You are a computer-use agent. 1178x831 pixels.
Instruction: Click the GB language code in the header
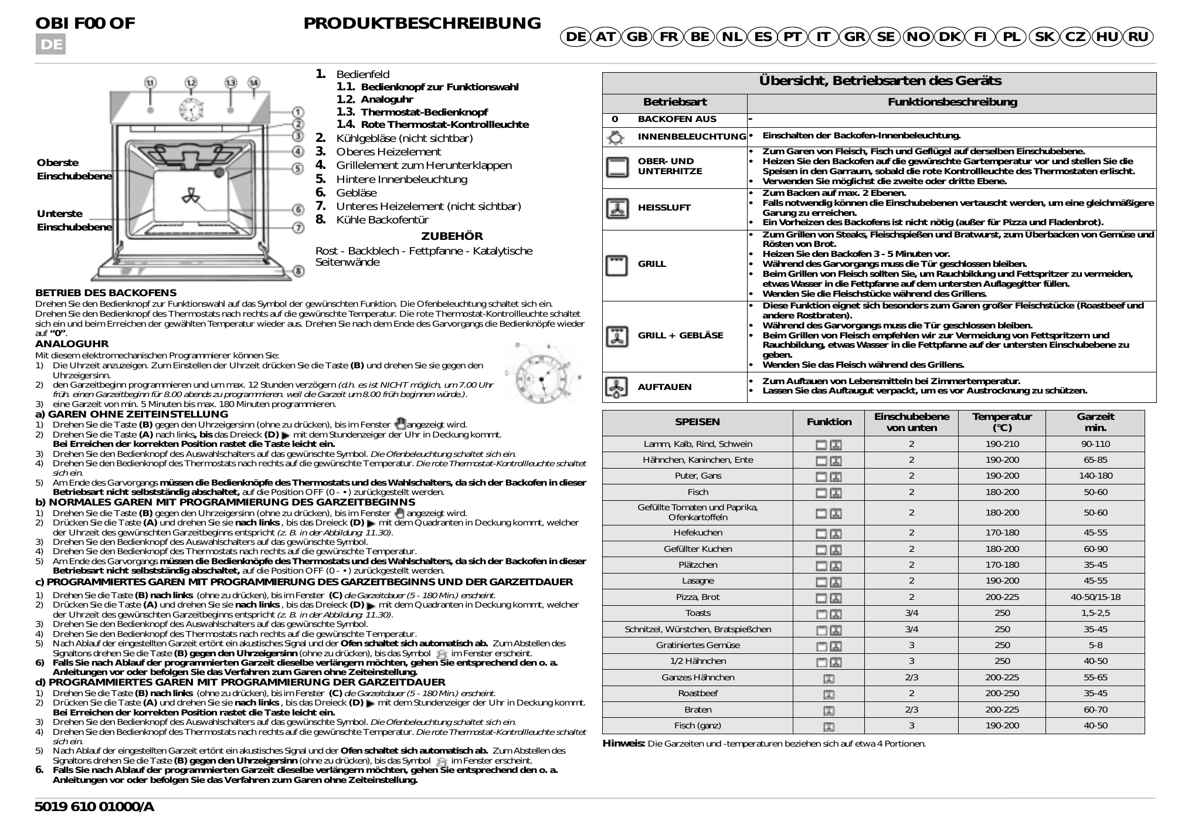[x=637, y=37]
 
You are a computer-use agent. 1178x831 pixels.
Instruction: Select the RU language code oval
[x=1138, y=37]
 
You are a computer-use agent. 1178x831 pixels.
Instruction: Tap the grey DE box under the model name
[x=50, y=45]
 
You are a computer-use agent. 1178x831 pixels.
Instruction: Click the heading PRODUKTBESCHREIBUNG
[x=422, y=23]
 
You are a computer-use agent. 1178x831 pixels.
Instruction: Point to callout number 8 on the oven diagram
[x=298, y=271]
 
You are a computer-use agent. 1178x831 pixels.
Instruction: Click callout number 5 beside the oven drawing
[x=298, y=169]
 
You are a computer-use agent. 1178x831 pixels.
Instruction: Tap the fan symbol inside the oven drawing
[x=192, y=198]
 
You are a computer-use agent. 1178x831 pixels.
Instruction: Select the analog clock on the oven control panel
[x=191, y=108]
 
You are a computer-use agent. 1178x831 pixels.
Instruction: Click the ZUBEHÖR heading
[x=452, y=236]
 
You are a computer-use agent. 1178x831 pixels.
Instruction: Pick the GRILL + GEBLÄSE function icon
[x=616, y=336]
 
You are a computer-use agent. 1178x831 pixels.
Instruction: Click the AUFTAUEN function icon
[x=616, y=387]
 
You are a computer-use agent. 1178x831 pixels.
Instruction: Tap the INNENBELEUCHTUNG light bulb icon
[x=616, y=138]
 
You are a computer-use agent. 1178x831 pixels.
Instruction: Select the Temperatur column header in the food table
[x=1002, y=422]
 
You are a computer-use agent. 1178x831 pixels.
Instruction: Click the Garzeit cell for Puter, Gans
[x=1095, y=476]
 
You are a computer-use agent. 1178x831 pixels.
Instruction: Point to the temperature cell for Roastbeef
[x=1002, y=693]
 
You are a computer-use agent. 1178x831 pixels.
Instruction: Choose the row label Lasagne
[x=698, y=581]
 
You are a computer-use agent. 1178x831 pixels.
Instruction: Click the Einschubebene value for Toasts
[x=911, y=613]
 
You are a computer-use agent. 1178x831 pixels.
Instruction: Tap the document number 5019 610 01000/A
[x=94, y=807]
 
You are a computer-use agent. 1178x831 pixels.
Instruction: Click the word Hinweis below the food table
[x=623, y=744]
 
